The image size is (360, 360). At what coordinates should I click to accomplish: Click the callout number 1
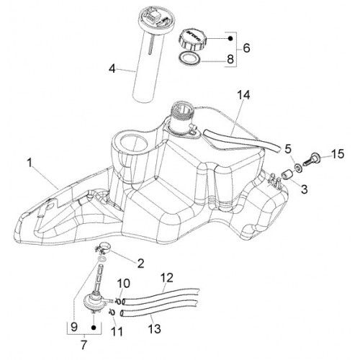tap(30, 163)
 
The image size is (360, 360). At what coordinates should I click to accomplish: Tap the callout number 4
tap(112, 69)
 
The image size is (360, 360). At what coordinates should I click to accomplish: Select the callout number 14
tap(243, 95)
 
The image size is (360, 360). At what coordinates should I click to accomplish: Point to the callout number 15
tap(338, 154)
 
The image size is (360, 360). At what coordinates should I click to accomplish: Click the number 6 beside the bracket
tap(246, 48)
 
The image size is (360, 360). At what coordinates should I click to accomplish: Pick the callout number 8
tap(230, 59)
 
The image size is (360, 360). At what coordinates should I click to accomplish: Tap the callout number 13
tap(154, 328)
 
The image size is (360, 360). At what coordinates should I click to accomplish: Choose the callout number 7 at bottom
tap(84, 345)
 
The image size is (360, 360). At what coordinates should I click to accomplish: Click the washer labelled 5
tap(298, 167)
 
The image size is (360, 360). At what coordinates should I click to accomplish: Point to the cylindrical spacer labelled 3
tap(286, 174)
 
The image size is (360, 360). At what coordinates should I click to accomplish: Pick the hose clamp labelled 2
tap(102, 248)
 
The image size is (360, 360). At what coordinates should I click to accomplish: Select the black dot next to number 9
tap(94, 328)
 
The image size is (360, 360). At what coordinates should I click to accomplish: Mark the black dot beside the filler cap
tap(230, 38)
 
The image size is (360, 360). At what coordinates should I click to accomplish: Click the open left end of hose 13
tap(122, 313)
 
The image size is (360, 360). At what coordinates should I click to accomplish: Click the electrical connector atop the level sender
tap(153, 17)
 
